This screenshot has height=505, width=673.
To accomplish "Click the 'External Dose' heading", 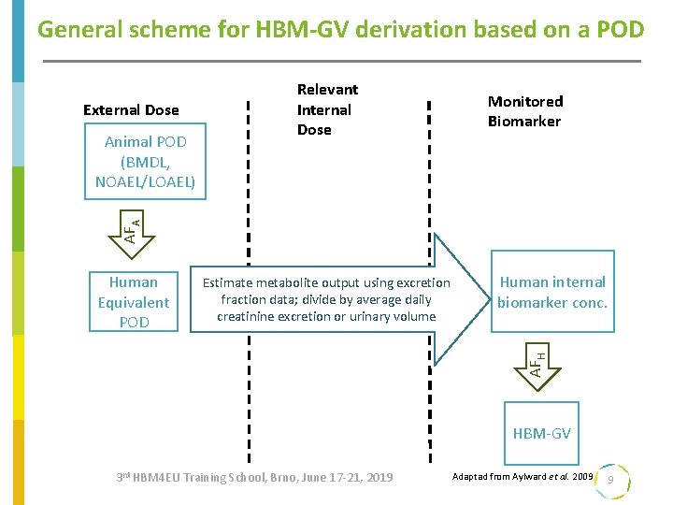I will tap(131, 109).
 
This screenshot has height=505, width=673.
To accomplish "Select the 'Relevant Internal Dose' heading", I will tap(326, 109).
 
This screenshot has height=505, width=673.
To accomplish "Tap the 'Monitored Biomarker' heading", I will tap(524, 111).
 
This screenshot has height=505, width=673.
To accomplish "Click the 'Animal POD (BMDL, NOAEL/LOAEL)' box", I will tap(145, 162).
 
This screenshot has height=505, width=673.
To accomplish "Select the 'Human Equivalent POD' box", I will tap(133, 301).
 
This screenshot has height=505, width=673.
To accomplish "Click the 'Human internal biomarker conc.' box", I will tap(551, 292).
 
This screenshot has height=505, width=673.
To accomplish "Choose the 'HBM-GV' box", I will tap(541, 434).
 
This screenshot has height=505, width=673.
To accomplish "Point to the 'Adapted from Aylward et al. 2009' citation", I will tap(522, 477).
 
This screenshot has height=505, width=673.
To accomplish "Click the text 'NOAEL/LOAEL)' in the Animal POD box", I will tap(145, 181).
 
